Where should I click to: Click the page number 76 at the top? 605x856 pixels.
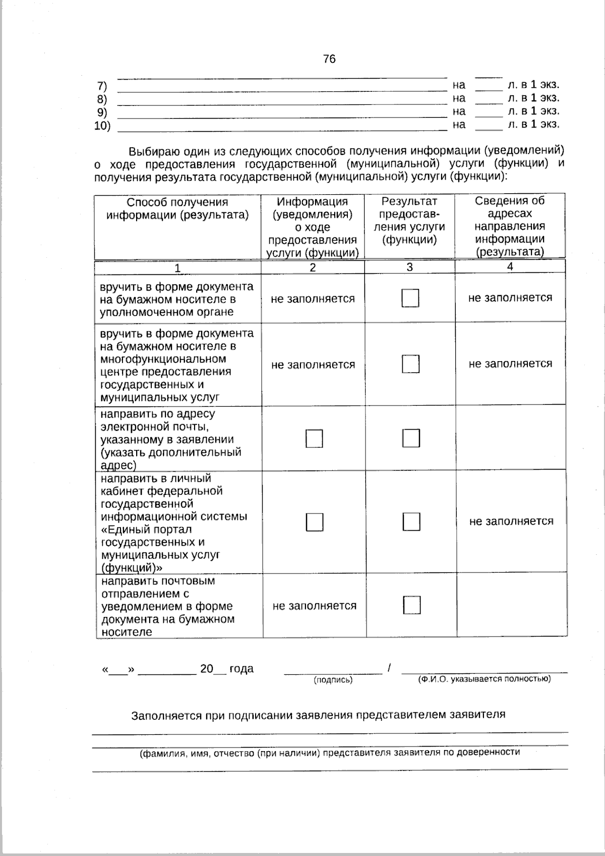click(x=329, y=59)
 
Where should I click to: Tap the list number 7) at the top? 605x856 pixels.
click(x=102, y=86)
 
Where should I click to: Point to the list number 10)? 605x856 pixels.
click(x=102, y=126)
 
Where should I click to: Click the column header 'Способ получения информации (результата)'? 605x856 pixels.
click(x=177, y=209)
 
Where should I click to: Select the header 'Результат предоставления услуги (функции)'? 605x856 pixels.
click(x=409, y=220)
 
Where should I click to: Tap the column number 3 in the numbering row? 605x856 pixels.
click(x=409, y=267)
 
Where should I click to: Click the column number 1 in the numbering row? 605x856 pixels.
click(x=177, y=268)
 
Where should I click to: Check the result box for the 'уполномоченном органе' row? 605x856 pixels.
click(x=410, y=298)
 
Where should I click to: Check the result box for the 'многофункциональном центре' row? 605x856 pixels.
click(x=410, y=364)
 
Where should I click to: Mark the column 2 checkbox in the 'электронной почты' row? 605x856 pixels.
click(x=314, y=438)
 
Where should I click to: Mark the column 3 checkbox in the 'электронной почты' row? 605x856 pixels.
click(x=411, y=438)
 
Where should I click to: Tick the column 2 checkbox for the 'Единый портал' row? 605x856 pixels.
click(x=314, y=522)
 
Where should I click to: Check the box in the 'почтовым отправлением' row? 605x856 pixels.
click(x=411, y=605)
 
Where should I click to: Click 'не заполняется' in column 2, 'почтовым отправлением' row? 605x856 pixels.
click(x=315, y=606)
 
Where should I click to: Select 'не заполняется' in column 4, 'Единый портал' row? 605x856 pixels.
click(x=511, y=521)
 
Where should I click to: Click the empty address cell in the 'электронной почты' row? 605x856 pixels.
click(x=510, y=438)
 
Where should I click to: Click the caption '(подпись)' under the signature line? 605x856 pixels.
click(x=333, y=680)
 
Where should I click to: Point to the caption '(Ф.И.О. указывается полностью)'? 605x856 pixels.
click(x=484, y=679)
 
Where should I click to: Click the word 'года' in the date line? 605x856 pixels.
click(x=241, y=669)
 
